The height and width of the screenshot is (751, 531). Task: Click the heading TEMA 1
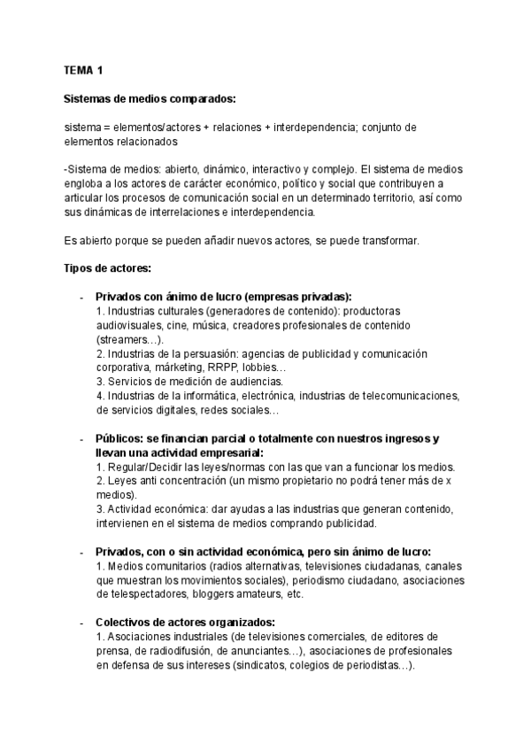click(85, 69)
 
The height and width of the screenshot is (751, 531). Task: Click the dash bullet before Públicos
click(81, 439)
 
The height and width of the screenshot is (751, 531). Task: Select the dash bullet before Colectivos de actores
click(81, 622)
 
